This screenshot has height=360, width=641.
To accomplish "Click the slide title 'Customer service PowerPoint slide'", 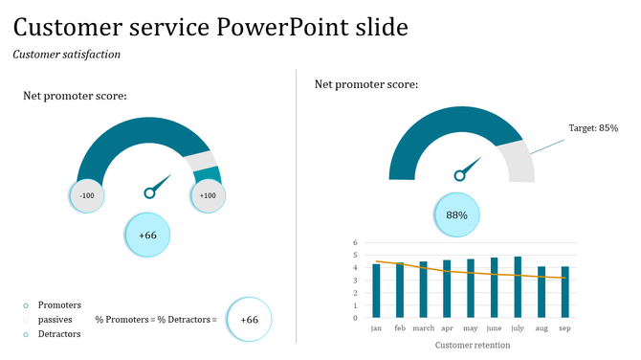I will [x=210, y=26].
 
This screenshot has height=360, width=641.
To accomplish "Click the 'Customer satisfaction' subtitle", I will [x=67, y=55].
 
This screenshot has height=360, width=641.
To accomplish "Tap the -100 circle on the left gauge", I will [x=87, y=195].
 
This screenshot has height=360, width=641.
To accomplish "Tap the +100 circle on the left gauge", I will [x=207, y=195].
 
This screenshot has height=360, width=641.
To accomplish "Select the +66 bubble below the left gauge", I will [x=148, y=235].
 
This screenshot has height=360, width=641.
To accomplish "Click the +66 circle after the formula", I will [x=249, y=319].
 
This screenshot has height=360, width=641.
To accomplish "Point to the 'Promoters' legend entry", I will [x=59, y=304].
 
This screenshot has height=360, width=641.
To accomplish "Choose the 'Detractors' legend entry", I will [x=59, y=334].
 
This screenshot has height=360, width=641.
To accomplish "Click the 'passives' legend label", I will [x=55, y=319].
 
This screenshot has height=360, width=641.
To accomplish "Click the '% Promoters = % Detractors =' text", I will [x=156, y=319].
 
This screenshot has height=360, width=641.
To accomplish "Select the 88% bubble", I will [x=456, y=215].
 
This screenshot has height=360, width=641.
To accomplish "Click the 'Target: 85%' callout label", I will [x=593, y=127].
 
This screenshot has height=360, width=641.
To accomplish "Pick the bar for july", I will [x=518, y=287].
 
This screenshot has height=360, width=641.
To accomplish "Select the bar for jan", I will [x=377, y=291].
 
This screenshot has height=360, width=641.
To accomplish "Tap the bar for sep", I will [x=564, y=292].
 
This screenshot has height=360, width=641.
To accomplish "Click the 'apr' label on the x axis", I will [x=447, y=327].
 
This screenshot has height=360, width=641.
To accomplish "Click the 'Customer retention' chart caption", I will [x=472, y=345].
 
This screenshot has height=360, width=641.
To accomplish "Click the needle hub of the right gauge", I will [x=460, y=174].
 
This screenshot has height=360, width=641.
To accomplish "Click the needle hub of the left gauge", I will [x=149, y=193].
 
